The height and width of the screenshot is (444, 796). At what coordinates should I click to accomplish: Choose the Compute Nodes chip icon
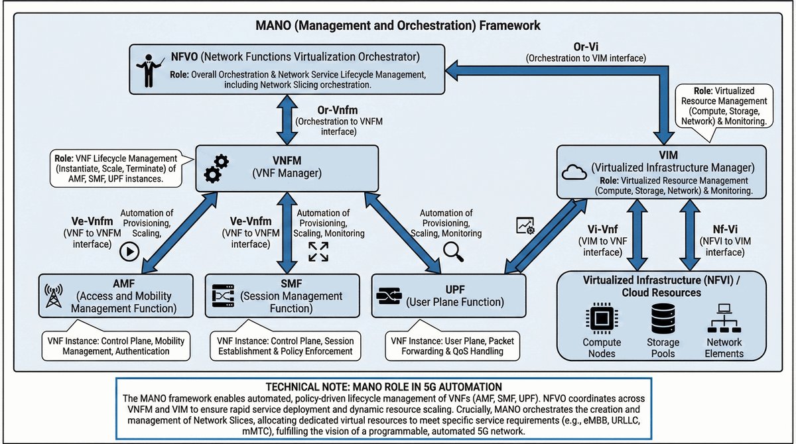(x=602, y=319)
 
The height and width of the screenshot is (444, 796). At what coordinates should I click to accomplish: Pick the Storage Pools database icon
(x=663, y=319)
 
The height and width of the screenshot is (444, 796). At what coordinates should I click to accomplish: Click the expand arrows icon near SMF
(x=318, y=252)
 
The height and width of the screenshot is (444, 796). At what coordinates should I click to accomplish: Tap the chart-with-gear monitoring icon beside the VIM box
(x=525, y=226)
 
